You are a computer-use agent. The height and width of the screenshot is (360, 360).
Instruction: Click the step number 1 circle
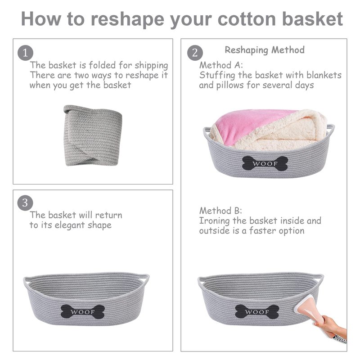25,53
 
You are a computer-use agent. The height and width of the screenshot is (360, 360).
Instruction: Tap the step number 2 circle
195,53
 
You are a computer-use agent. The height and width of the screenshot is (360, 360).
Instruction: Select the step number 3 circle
25,203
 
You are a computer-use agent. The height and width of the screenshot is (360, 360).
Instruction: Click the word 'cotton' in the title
247,19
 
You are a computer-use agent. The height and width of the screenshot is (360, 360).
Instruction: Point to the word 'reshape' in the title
127,20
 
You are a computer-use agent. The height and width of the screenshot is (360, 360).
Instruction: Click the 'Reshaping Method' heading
265,50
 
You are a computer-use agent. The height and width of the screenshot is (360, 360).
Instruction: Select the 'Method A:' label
221,65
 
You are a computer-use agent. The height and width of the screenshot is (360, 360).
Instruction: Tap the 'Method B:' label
220,211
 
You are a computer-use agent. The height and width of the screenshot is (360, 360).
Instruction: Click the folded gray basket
93,135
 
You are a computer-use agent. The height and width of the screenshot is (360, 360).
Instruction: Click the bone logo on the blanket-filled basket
265,163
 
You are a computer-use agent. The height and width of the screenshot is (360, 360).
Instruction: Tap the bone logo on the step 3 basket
83,311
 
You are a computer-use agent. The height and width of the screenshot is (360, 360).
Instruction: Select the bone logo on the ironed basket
257,311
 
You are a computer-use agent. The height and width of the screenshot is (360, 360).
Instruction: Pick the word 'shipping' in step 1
151,66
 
